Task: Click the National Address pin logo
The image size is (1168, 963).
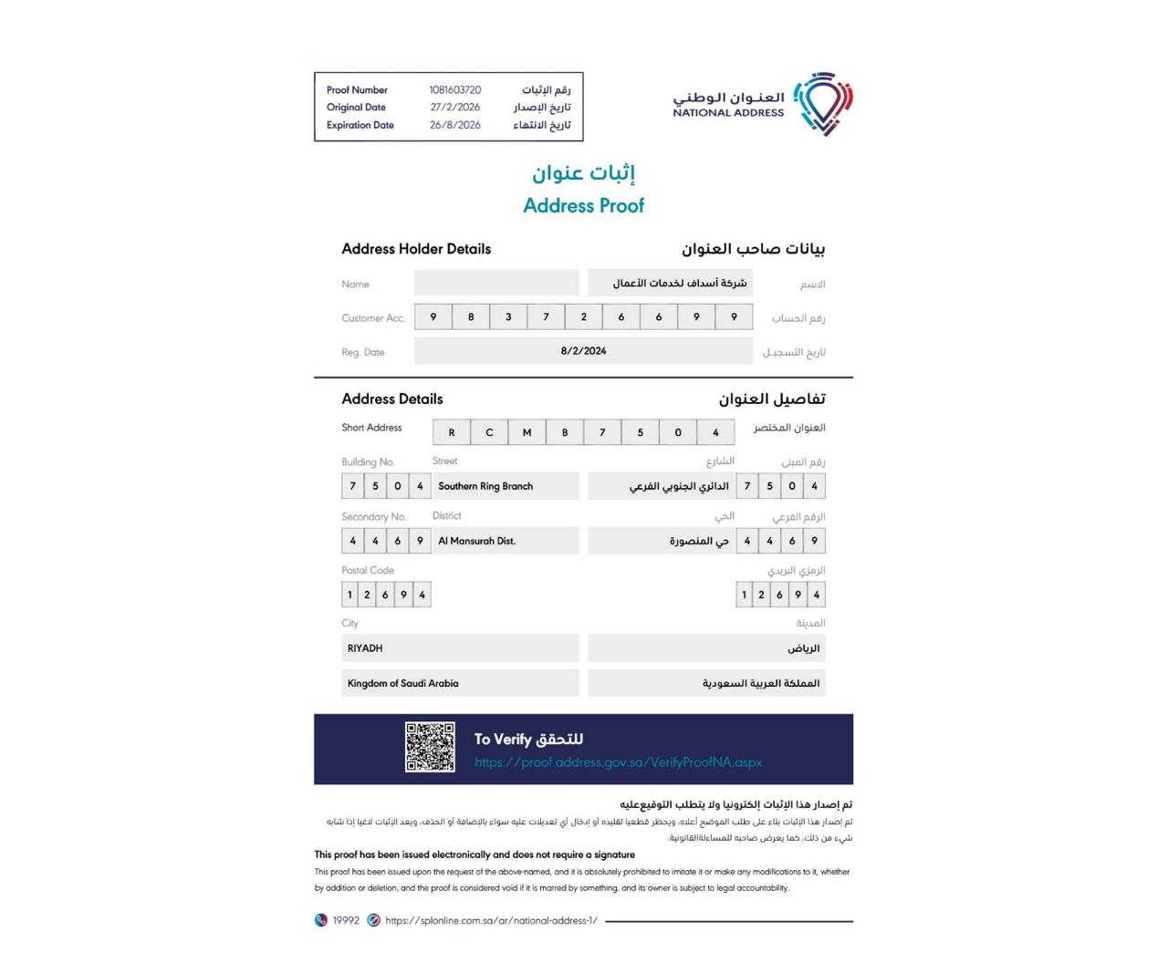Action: pyautogui.click(x=823, y=103)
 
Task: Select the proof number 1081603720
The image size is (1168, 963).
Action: pyautogui.click(x=454, y=90)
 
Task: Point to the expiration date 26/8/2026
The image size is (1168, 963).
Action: pyautogui.click(x=454, y=125)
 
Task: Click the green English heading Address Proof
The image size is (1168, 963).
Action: pyautogui.click(x=583, y=206)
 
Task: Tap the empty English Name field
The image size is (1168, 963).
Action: pyautogui.click(x=496, y=283)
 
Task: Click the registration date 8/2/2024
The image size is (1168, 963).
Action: pyautogui.click(x=583, y=351)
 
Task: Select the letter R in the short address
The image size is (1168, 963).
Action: pyautogui.click(x=452, y=432)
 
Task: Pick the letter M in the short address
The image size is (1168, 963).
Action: pyautogui.click(x=527, y=432)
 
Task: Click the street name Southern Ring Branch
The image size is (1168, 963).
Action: pyautogui.click(x=485, y=486)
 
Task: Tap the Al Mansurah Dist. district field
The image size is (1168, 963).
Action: pyautogui.click(x=477, y=541)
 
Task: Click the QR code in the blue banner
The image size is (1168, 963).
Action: pyautogui.click(x=430, y=747)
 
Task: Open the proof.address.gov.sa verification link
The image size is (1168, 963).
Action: pyautogui.click(x=618, y=762)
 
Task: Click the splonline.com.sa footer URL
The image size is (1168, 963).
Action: pyautogui.click(x=491, y=921)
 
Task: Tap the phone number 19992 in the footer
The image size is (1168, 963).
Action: pyautogui.click(x=346, y=921)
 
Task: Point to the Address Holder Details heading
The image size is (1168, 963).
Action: pyautogui.click(x=416, y=249)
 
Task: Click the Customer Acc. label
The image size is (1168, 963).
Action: pyautogui.click(x=373, y=318)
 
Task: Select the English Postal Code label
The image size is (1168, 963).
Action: pyautogui.click(x=368, y=571)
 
